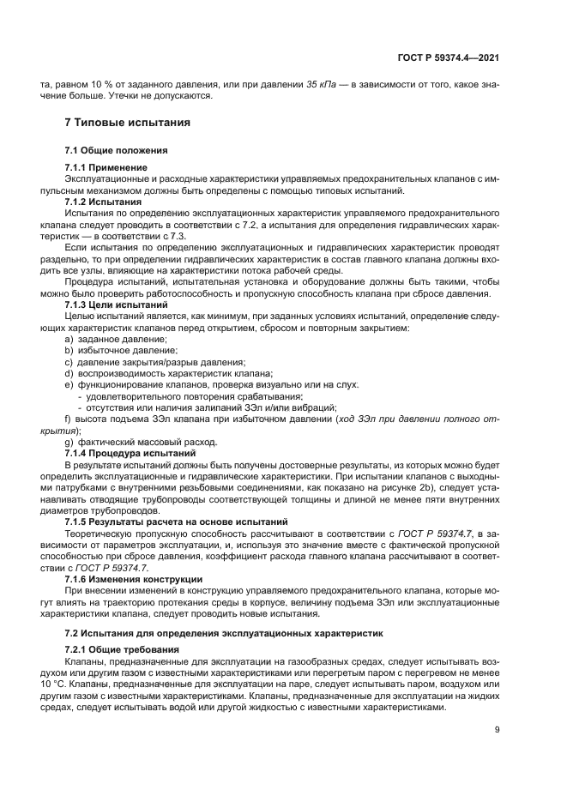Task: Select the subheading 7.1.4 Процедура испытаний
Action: click(125, 452)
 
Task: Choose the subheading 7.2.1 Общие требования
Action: click(119, 649)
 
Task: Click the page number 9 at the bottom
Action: click(498, 731)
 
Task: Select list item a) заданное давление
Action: click(116, 340)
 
